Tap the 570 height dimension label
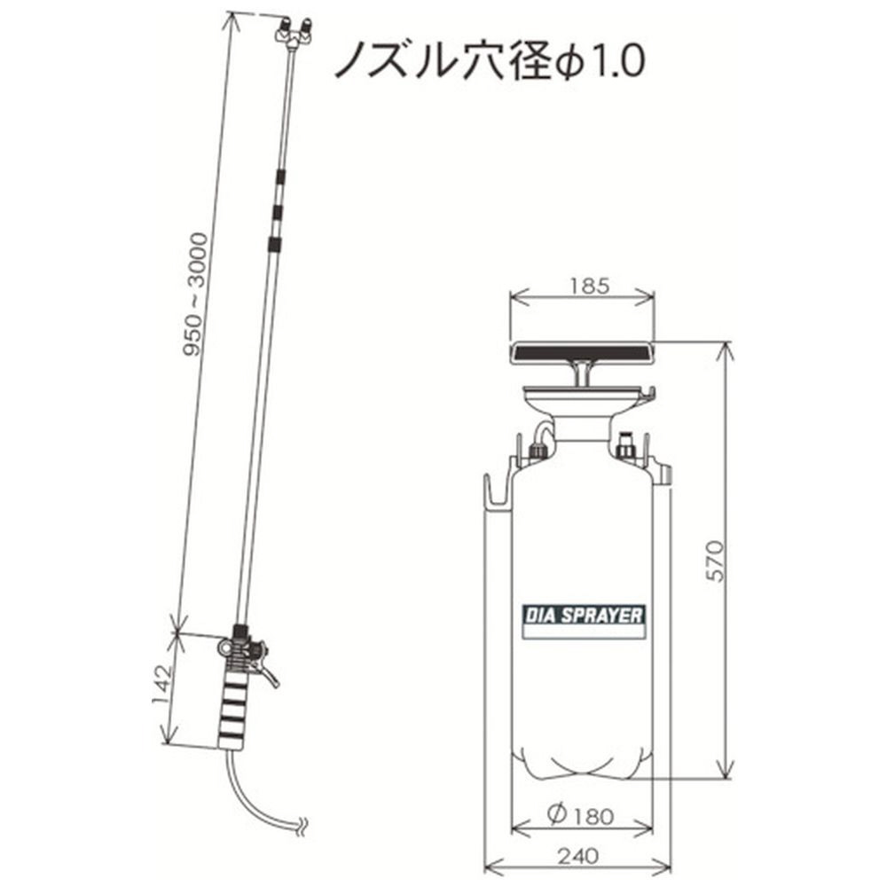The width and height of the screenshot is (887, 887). click(x=715, y=561)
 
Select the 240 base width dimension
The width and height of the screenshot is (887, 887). click(x=577, y=856)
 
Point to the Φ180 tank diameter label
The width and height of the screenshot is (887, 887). click(x=581, y=815)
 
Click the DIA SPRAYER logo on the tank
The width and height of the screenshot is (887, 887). click(x=584, y=615)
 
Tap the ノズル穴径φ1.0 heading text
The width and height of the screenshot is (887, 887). click(x=490, y=60)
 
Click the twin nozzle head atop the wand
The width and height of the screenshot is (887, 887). click(x=294, y=33)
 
